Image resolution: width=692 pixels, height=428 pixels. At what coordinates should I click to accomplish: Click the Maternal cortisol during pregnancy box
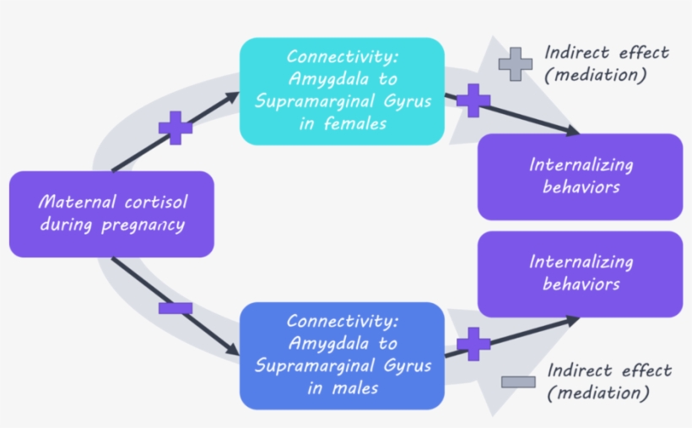111,214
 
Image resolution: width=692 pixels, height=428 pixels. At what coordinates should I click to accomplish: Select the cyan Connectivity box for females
342,90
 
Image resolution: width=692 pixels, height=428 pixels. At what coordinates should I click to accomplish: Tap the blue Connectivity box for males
342,355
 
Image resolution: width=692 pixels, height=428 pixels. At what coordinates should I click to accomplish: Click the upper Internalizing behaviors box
580,176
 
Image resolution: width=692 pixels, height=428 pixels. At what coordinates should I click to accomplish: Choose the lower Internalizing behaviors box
580,274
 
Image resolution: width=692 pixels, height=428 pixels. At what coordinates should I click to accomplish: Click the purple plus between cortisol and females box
176,127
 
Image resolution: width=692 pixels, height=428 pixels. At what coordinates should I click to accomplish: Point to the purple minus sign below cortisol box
176,308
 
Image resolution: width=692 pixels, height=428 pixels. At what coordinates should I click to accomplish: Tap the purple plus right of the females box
473,100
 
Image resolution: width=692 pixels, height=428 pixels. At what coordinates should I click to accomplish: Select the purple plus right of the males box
473,344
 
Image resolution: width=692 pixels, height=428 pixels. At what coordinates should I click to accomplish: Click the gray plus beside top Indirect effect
515,64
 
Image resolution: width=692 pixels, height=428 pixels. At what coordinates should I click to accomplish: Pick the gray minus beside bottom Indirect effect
518,382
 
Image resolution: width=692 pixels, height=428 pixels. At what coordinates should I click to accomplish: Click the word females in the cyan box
358,123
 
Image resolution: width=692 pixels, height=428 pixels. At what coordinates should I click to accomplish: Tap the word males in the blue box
354,388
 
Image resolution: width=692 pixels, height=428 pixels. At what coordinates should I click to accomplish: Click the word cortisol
150,203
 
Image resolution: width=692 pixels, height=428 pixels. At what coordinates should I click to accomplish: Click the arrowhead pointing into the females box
233,98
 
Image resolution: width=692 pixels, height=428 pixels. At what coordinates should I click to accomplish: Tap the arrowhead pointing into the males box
233,349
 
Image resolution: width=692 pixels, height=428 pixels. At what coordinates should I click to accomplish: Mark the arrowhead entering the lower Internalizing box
573,319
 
